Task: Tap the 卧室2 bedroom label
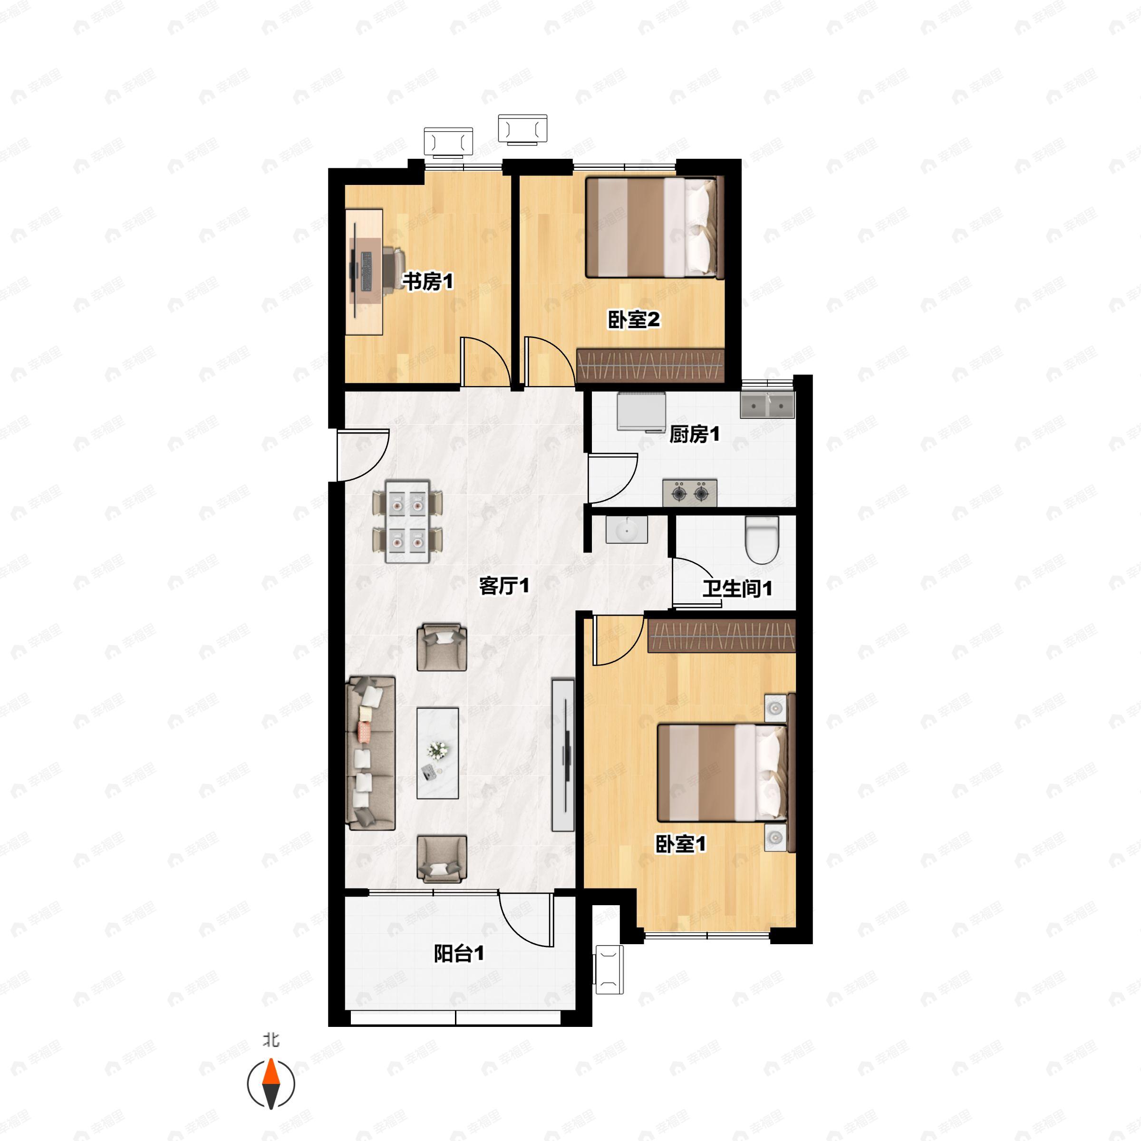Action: click(634, 319)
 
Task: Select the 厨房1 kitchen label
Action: click(695, 434)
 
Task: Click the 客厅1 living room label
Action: click(504, 585)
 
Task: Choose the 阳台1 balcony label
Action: click(459, 953)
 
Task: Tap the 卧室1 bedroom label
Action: click(680, 844)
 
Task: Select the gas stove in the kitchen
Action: click(690, 492)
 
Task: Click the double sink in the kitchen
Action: click(767, 405)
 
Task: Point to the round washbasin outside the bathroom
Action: click(627, 530)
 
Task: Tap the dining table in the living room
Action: click(407, 522)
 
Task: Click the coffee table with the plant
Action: click(437, 753)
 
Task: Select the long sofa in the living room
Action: click(370, 753)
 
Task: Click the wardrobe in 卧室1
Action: click(722, 636)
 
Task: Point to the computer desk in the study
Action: click(364, 271)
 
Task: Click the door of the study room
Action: click(485, 361)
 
